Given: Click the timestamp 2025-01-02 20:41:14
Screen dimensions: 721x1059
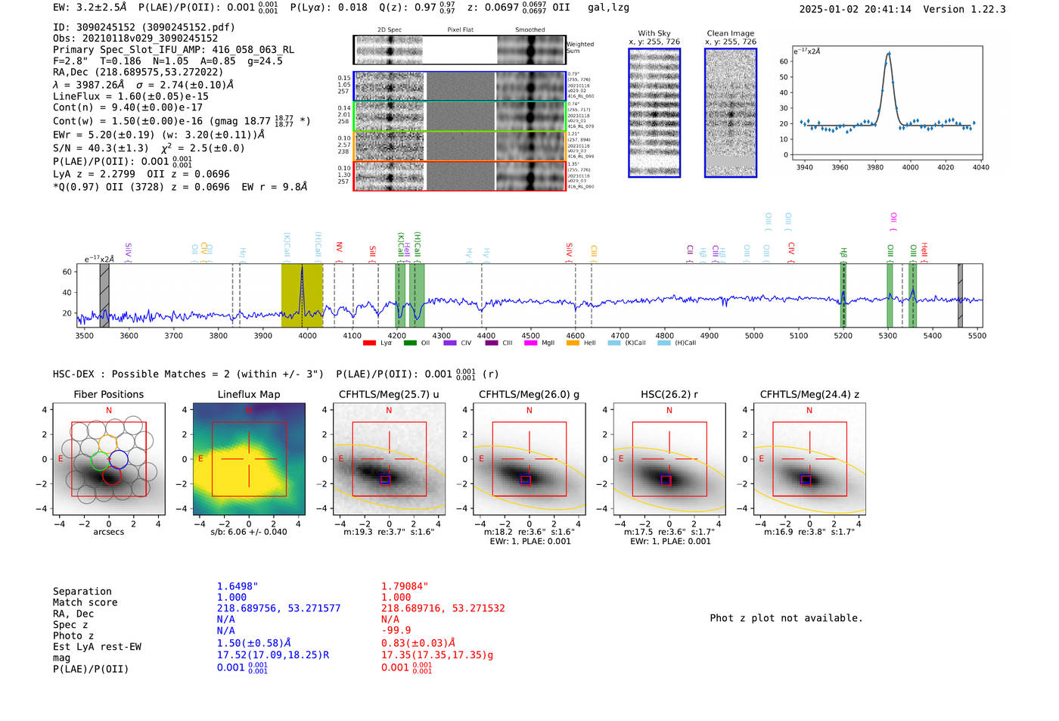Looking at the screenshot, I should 855,9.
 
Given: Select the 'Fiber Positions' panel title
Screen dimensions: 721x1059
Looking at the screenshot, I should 108,394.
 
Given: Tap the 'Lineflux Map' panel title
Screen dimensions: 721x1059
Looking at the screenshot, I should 249,394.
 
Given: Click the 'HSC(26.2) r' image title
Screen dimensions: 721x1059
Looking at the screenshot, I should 669,394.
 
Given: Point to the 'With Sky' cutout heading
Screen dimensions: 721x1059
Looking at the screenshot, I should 654,33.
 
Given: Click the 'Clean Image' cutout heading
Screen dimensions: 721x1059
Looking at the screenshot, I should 730,33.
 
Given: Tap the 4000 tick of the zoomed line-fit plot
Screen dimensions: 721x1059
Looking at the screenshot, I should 910,167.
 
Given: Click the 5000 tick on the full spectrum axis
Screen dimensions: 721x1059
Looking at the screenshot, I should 754,335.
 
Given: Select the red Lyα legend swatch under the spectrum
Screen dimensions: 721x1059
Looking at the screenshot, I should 369,343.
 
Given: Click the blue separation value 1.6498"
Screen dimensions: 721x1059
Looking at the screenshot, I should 238,586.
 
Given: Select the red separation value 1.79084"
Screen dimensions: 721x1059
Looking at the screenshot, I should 405,586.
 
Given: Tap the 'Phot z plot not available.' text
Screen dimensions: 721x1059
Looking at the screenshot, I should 786,618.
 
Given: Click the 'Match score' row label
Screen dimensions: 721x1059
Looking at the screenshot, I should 85,602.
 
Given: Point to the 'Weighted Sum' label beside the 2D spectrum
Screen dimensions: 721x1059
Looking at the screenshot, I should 579,47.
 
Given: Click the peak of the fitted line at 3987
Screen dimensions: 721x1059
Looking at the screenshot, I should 889,53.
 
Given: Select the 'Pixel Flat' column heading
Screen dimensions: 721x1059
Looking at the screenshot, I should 460,30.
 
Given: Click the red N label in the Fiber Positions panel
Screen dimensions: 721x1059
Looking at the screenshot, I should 109,410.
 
